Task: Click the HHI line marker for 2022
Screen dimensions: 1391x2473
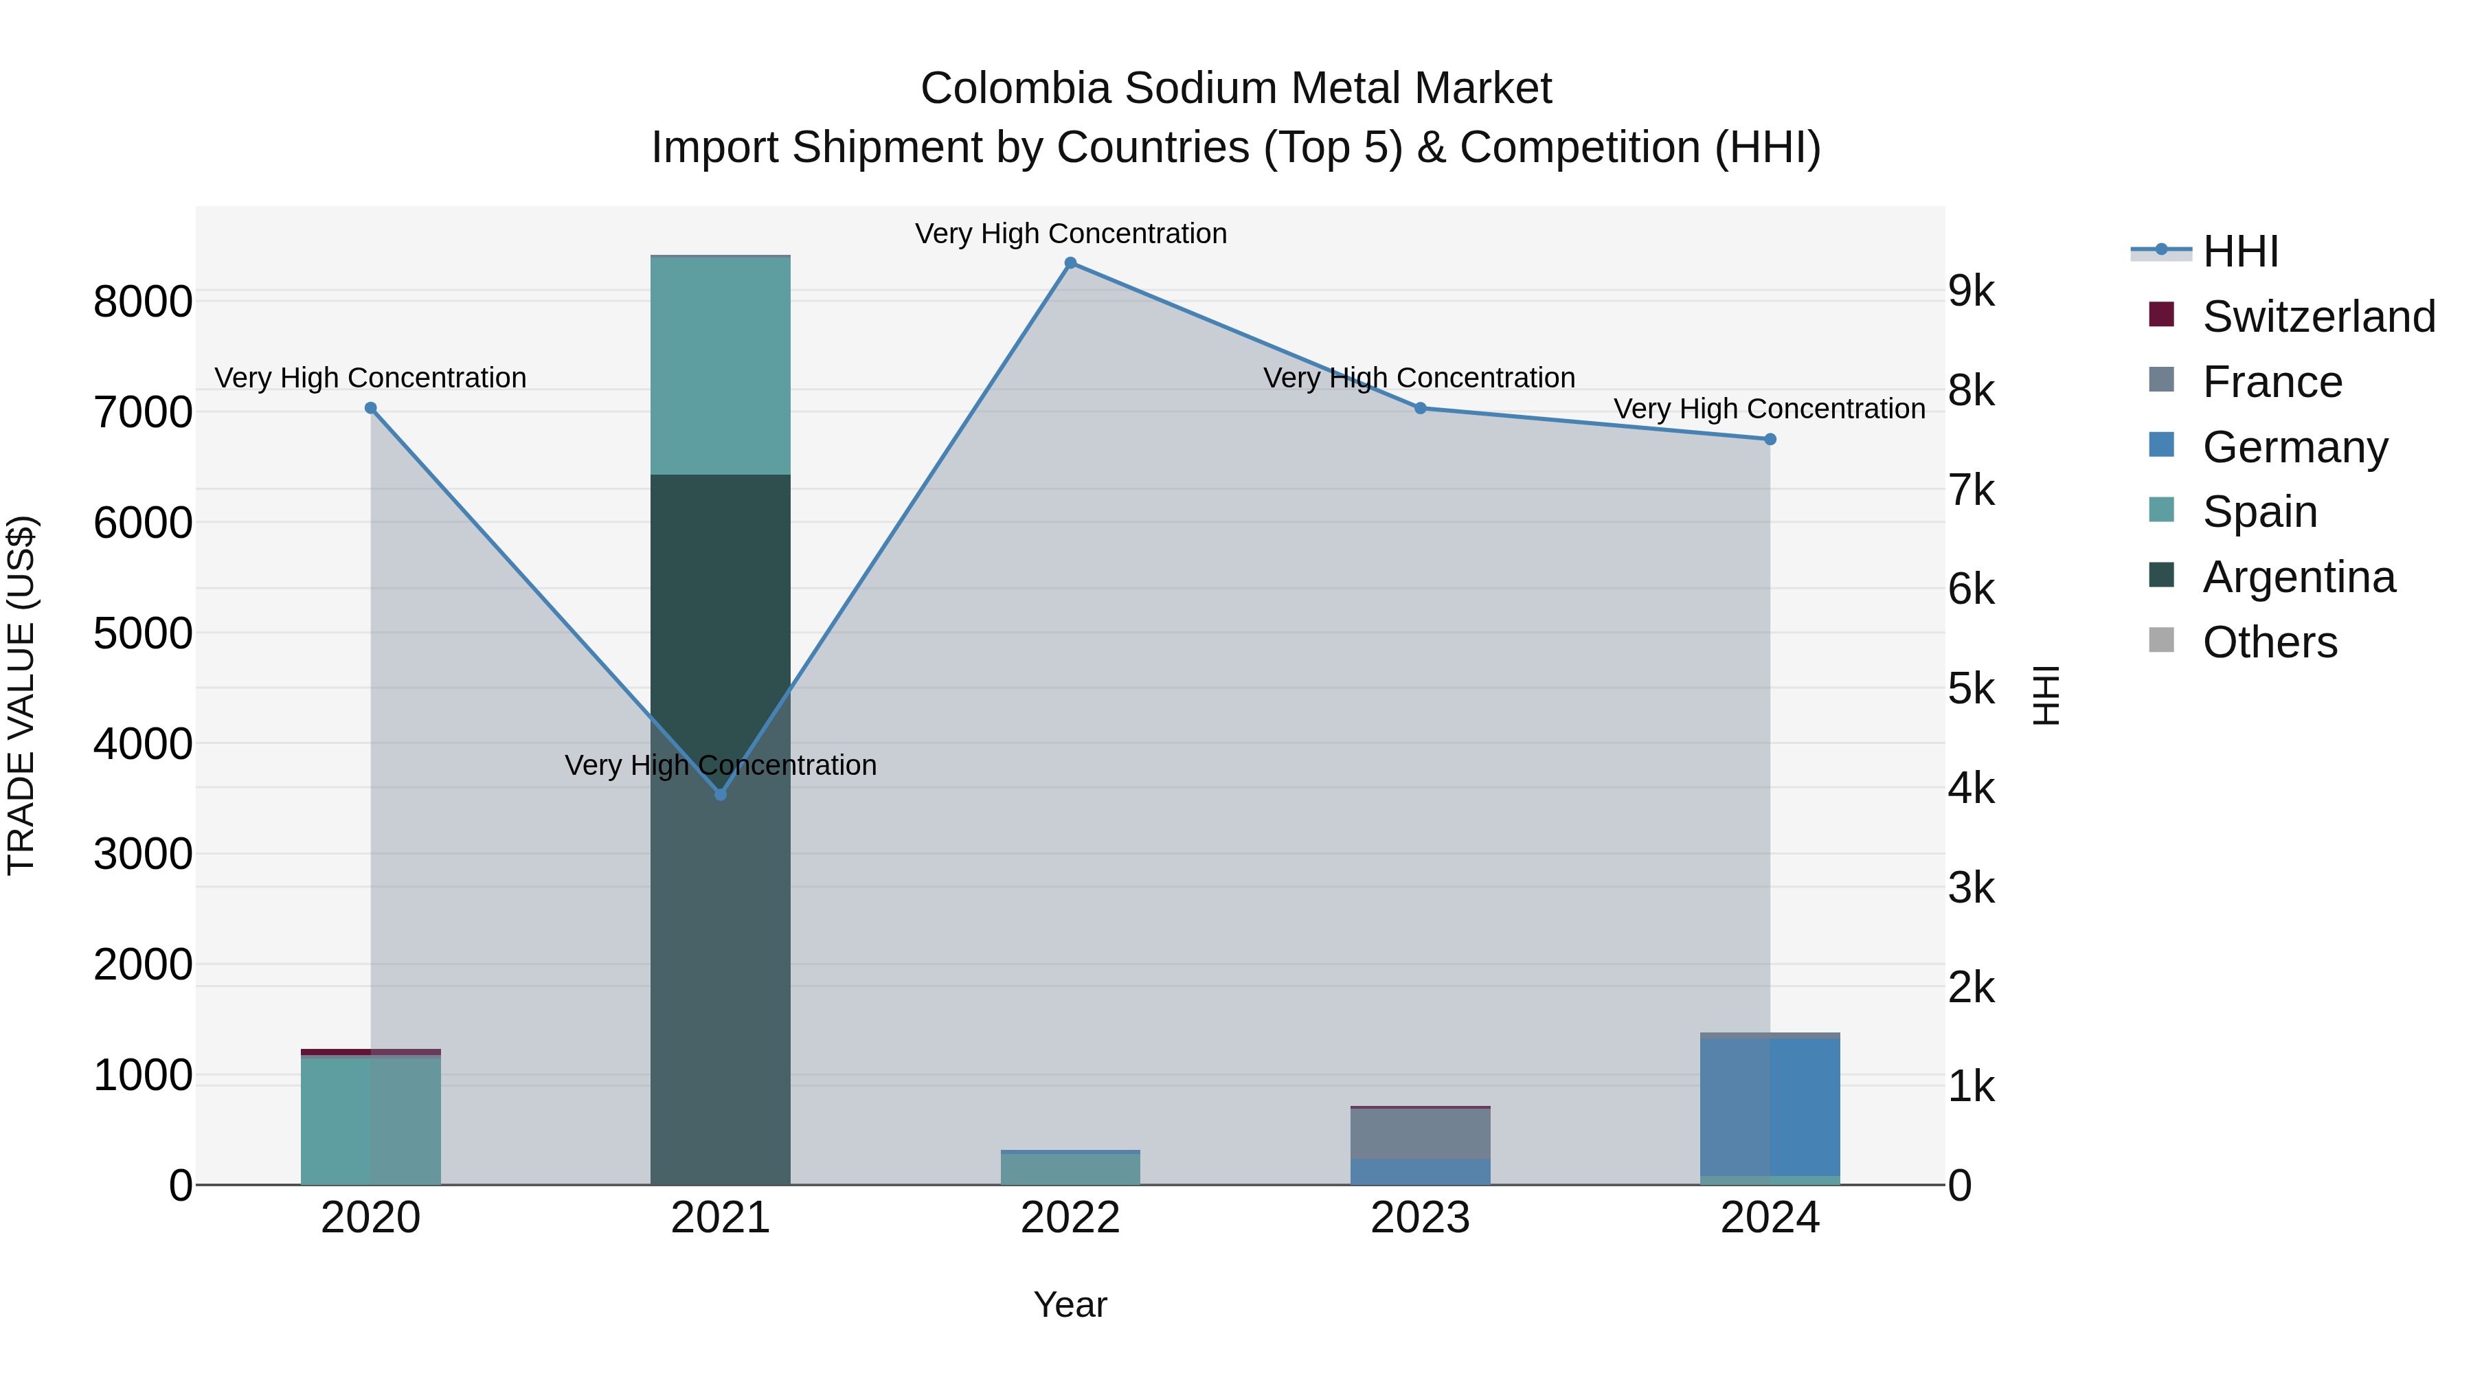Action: tap(1070, 263)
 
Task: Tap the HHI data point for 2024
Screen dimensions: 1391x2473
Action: tap(1770, 440)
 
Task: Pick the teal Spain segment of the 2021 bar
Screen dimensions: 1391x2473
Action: tap(720, 365)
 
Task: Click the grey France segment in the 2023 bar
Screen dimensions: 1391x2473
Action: tap(1420, 1133)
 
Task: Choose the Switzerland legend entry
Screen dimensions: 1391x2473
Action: tap(2318, 317)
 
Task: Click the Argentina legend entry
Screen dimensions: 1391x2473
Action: tap(2299, 577)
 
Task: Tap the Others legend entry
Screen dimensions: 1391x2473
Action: tap(2270, 642)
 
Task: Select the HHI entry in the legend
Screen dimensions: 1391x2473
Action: tap(2239, 251)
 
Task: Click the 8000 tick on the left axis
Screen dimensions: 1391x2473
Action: tap(143, 302)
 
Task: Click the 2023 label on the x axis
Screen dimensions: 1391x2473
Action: tap(1420, 1218)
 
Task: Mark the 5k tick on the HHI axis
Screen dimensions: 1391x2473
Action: tap(1972, 688)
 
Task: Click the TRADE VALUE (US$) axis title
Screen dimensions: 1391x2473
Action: tap(21, 695)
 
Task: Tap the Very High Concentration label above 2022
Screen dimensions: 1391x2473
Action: tap(1070, 234)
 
